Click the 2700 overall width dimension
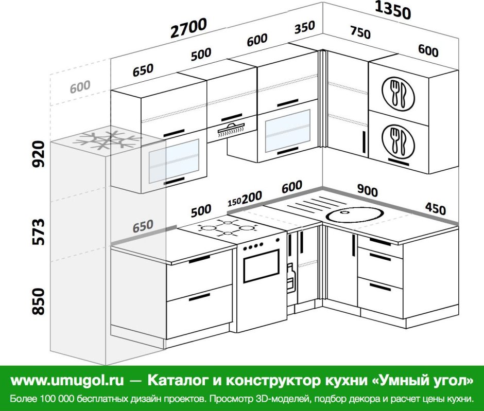(188, 28)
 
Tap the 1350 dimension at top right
(393, 10)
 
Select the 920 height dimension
(39, 154)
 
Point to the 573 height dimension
(39, 232)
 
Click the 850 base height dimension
(39, 301)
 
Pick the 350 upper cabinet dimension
(304, 27)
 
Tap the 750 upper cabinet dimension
(360, 32)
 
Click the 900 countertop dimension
(367, 190)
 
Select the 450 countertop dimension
(435, 208)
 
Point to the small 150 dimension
(234, 202)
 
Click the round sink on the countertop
(355, 214)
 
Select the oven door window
(261, 266)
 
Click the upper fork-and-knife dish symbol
(398, 94)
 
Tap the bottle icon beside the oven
(290, 278)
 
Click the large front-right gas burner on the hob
(246, 228)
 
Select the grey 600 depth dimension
(80, 86)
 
